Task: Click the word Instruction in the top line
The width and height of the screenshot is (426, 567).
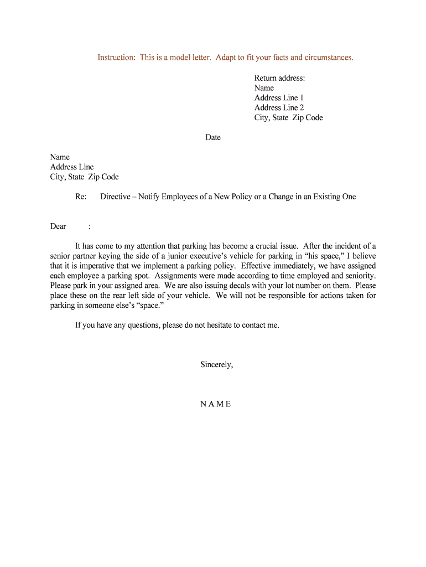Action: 116,58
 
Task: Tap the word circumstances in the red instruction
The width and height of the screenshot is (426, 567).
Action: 327,58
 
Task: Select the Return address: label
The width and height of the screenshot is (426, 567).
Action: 279,78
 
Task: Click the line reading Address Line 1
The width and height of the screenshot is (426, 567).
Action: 279,98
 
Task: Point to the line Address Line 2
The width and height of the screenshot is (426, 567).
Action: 279,108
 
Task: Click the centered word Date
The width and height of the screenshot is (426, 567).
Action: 213,137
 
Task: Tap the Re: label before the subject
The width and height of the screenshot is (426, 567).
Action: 81,197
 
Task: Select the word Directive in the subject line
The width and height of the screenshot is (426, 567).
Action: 115,197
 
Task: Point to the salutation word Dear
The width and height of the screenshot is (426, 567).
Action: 58,226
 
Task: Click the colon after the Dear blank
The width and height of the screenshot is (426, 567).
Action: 90,226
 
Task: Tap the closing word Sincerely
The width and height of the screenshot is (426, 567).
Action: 216,364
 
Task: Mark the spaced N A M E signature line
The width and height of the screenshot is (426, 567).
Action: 215,404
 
